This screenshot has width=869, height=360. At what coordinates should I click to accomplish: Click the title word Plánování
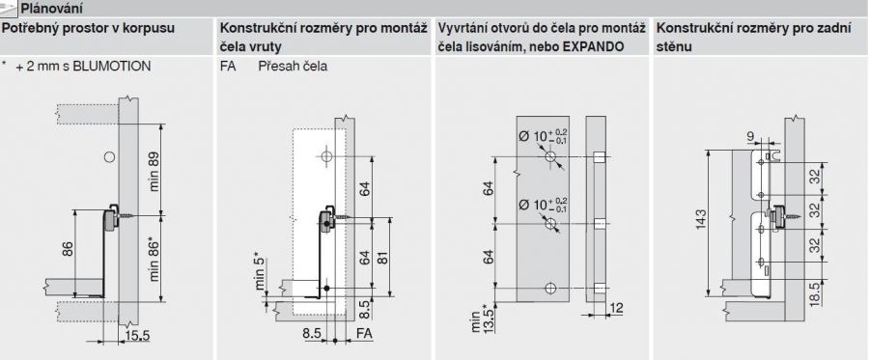coord(51,9)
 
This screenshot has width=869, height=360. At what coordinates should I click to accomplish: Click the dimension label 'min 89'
coord(154,172)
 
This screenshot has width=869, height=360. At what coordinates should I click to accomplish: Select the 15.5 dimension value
coord(136,336)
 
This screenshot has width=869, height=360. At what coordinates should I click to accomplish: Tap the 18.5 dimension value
coord(829,293)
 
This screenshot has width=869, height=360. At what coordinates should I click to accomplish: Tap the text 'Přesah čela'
coord(293,67)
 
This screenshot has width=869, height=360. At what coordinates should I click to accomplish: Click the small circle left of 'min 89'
coord(110,156)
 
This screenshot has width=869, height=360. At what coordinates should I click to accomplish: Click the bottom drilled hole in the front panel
coord(550,288)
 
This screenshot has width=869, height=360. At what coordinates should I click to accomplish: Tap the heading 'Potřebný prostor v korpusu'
coord(88,28)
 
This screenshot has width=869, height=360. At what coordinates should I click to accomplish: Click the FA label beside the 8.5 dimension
coord(364,334)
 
